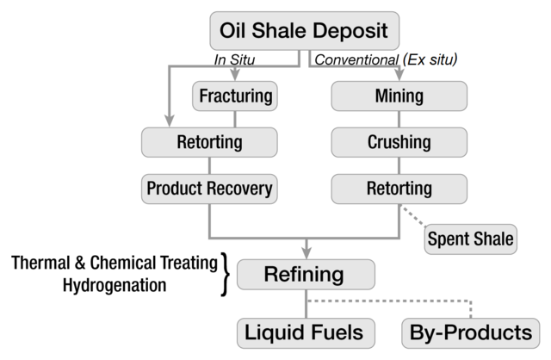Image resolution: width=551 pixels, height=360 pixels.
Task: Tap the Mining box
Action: tap(399, 95)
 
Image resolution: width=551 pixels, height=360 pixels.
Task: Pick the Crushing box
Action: tap(399, 140)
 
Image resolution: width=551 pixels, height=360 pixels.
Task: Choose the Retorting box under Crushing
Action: tap(399, 187)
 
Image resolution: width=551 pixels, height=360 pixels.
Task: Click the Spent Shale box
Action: tap(470, 238)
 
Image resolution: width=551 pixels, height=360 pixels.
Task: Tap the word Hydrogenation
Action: tap(115, 284)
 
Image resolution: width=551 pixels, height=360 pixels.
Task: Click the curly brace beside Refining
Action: tap(226, 275)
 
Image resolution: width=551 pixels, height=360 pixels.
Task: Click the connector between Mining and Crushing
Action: tap(399, 118)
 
